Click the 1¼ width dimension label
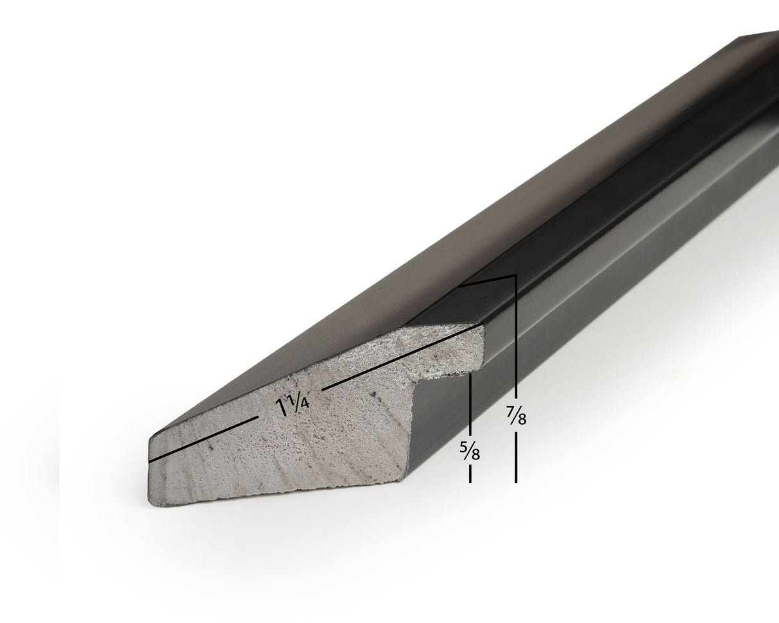pyautogui.click(x=293, y=407)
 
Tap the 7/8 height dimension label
pyautogui.click(x=516, y=414)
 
